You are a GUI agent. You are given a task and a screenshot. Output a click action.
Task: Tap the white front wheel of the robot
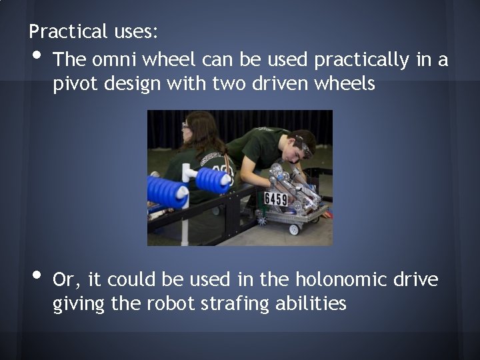(293, 229)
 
